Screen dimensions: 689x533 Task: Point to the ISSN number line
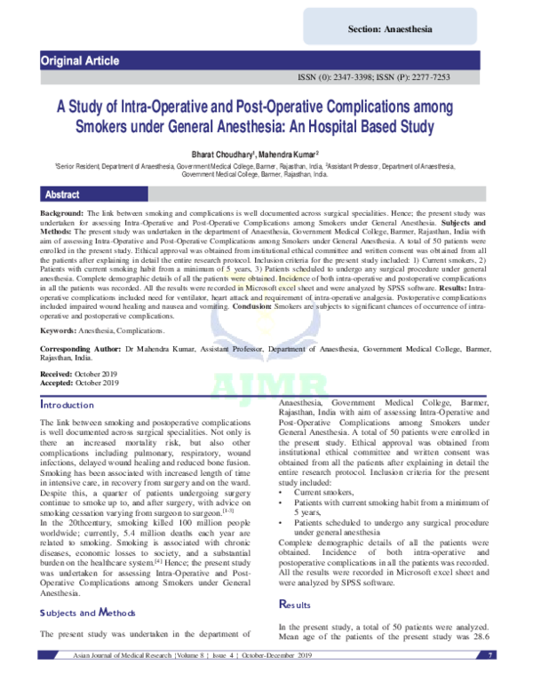[x=386, y=77]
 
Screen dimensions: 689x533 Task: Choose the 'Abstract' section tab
[x=62, y=194]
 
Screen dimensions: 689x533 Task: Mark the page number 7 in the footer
[x=490, y=679]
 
